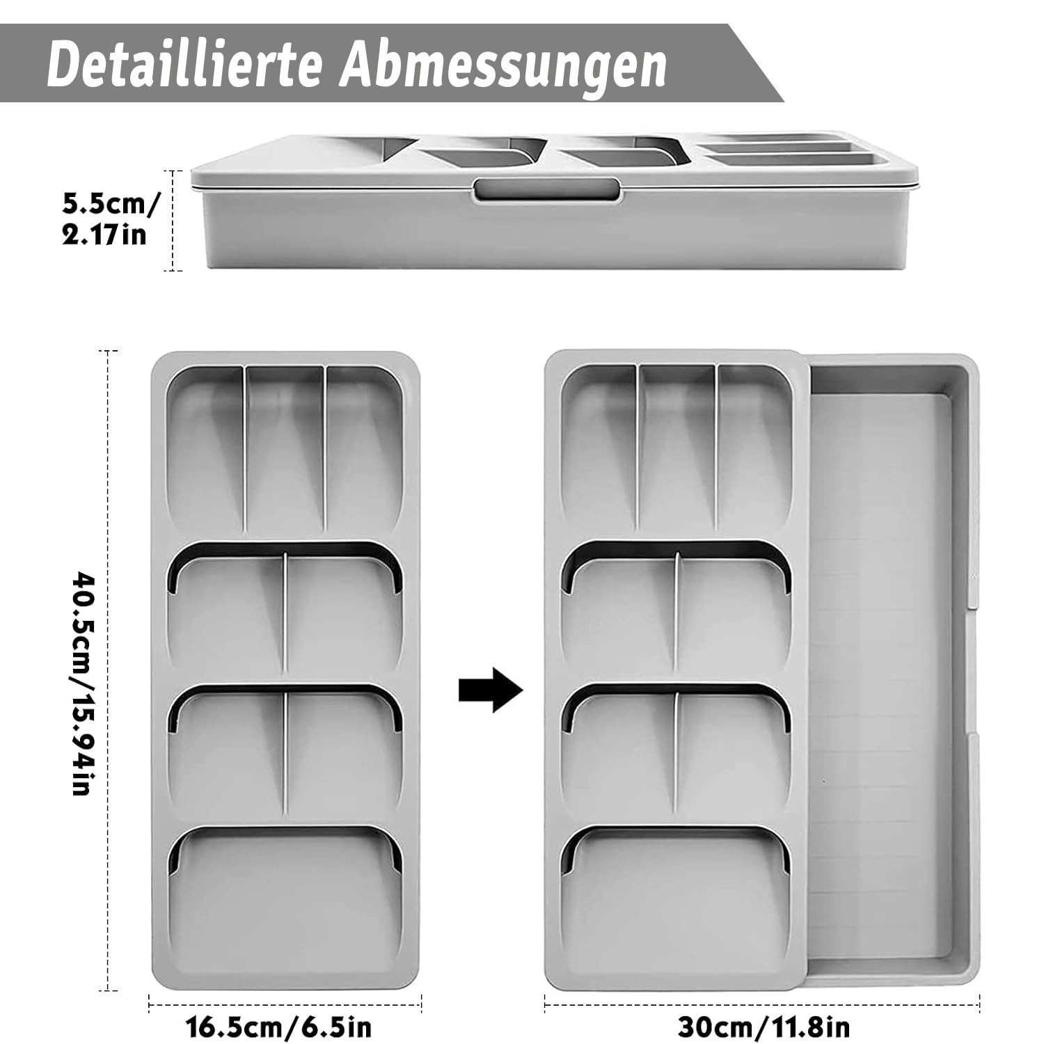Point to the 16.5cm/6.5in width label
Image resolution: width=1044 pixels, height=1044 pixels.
278,1027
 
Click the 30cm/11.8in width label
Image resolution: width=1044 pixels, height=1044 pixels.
763,1027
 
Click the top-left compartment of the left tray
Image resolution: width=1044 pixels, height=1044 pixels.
206,445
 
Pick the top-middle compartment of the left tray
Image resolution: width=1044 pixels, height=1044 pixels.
285,445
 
